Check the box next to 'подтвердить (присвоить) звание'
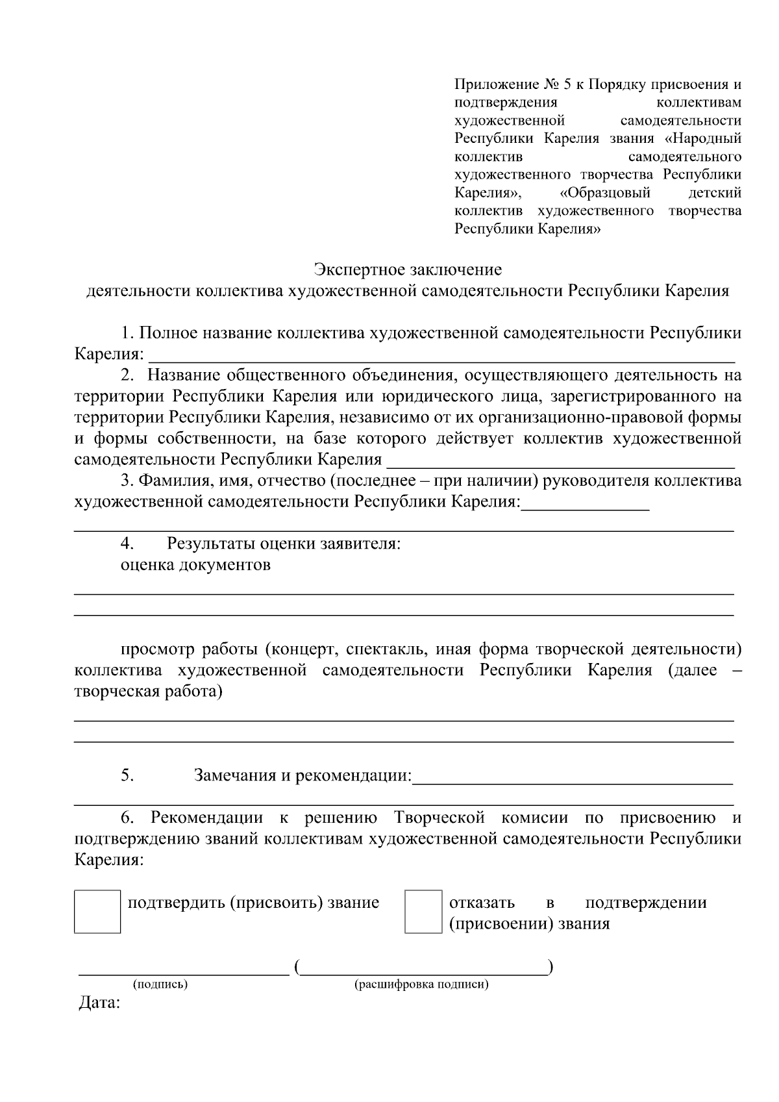point(97,911)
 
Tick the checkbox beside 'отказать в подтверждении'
point(423,911)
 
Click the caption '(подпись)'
point(160,984)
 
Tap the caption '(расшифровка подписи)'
point(421,984)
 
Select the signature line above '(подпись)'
point(184,973)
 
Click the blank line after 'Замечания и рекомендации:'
point(573,783)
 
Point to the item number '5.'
point(127,775)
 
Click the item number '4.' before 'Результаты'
point(127,543)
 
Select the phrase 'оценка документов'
point(195,565)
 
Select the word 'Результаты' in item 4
point(210,543)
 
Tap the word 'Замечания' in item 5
point(235,775)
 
